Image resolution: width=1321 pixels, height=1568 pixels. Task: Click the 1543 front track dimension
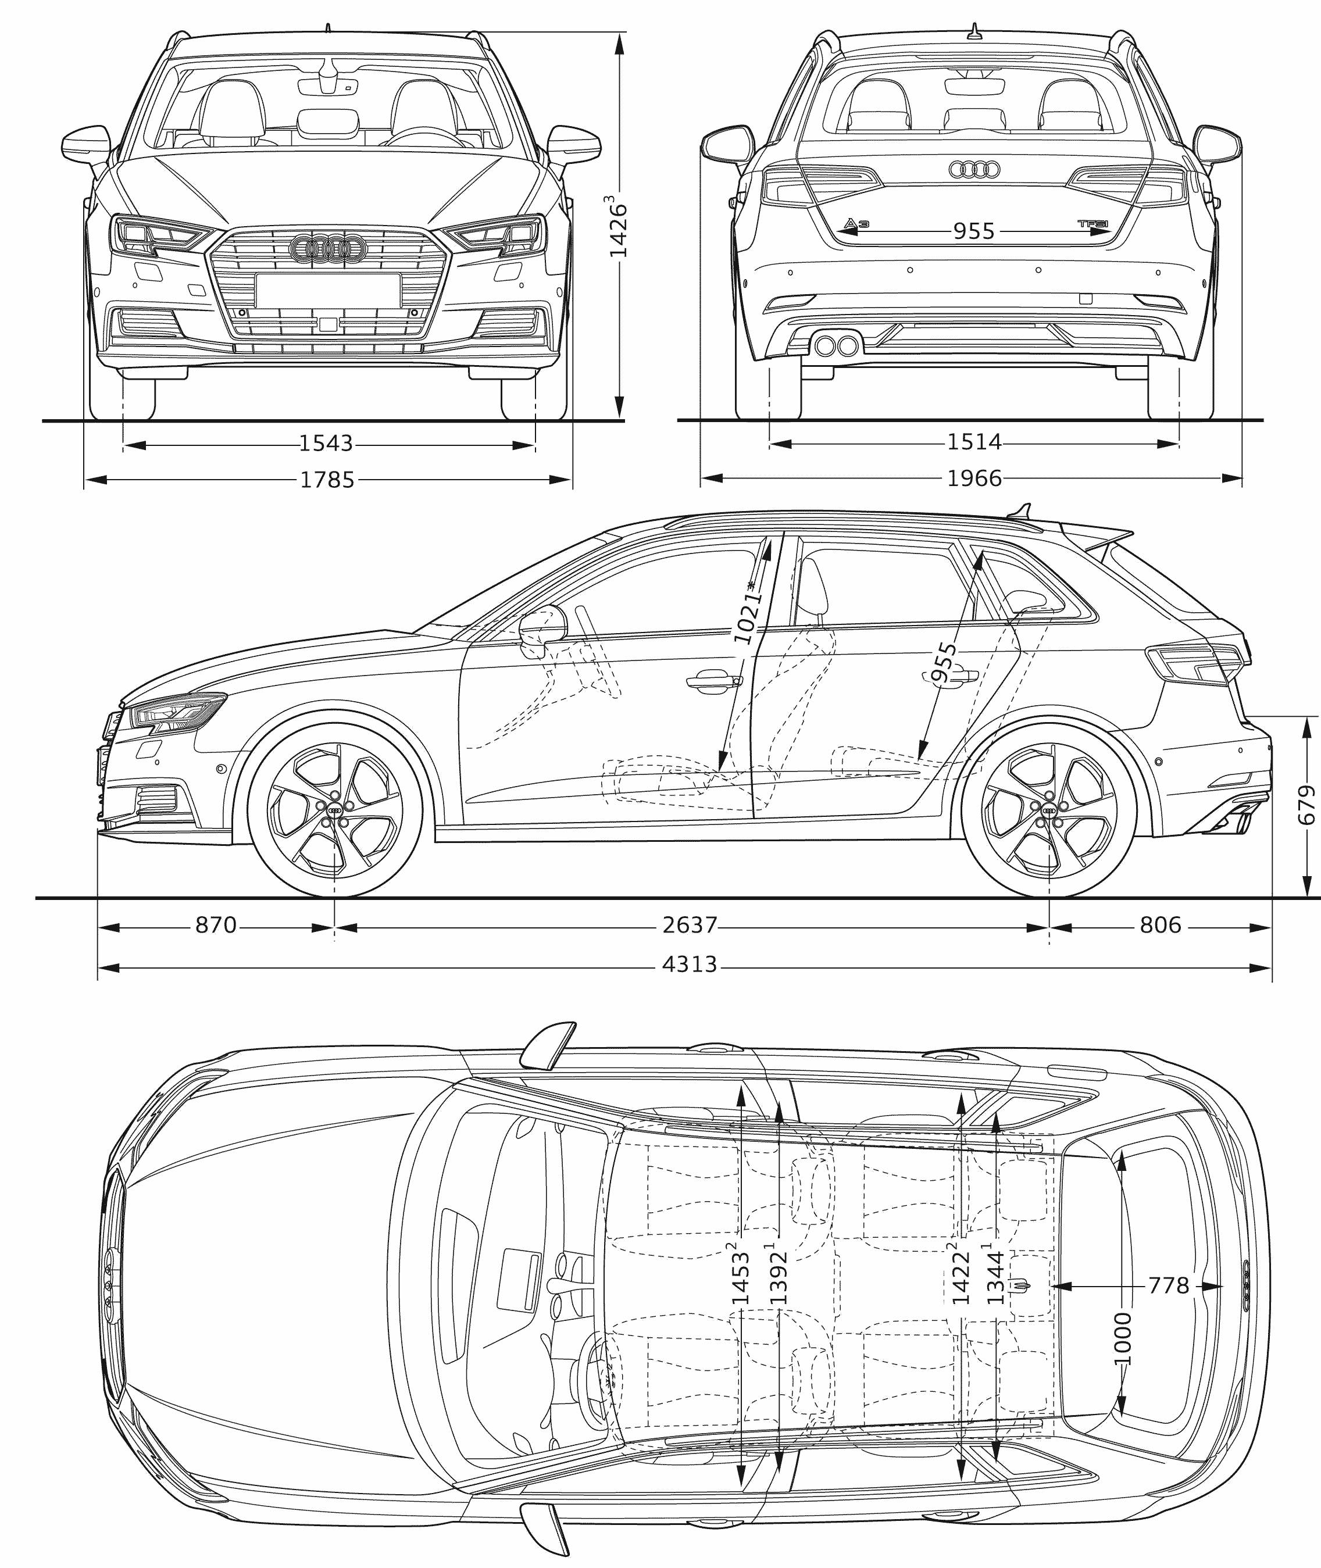click(x=326, y=444)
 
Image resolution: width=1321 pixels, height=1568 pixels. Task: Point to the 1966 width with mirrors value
click(x=973, y=478)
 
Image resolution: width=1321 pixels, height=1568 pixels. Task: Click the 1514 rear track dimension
click(x=973, y=442)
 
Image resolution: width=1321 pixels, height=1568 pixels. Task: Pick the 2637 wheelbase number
click(x=690, y=926)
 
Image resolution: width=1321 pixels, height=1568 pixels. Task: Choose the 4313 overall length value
click(x=690, y=964)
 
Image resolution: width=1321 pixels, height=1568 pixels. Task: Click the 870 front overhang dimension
click(x=216, y=926)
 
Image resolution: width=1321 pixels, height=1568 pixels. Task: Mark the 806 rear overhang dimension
click(x=1160, y=926)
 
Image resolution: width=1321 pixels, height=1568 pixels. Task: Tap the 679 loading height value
click(x=1307, y=805)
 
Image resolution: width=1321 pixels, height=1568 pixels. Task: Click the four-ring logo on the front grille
click(x=327, y=248)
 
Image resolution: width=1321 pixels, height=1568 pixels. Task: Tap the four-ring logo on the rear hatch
click(x=974, y=170)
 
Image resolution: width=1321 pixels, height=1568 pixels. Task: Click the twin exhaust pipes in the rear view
click(x=837, y=346)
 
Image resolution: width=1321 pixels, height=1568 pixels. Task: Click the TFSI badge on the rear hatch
click(x=1092, y=223)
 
